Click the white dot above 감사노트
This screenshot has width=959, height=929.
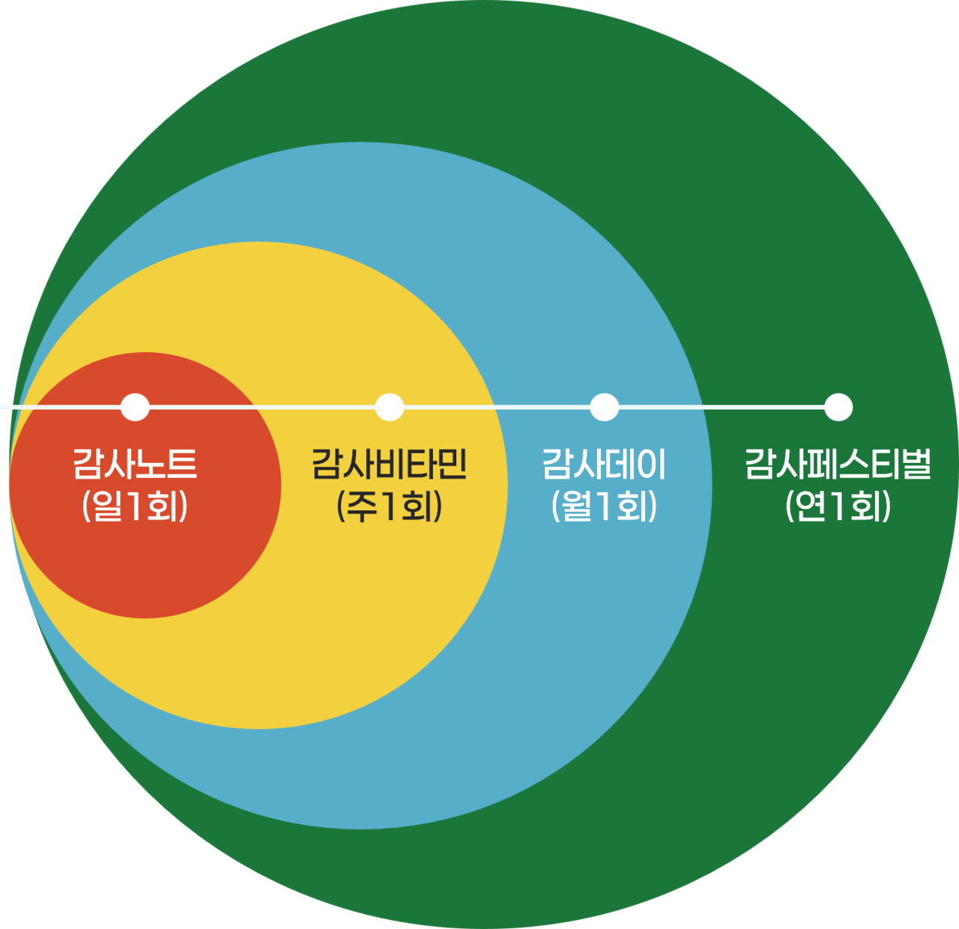(x=135, y=407)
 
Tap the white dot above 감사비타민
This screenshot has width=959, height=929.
(x=390, y=407)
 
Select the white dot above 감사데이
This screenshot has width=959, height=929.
(x=604, y=407)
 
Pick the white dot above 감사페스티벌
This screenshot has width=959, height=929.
(x=838, y=407)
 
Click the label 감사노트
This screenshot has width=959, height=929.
(x=135, y=464)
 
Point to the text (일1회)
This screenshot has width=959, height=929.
(x=135, y=507)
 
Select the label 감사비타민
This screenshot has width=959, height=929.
(x=390, y=464)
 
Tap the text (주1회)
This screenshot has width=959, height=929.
(x=390, y=507)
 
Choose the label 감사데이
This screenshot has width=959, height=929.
(x=604, y=464)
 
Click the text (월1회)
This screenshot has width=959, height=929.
(x=604, y=507)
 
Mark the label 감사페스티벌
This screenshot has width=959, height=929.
(x=838, y=464)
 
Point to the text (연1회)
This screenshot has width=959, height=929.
(x=838, y=507)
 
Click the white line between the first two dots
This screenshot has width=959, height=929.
(x=262, y=407)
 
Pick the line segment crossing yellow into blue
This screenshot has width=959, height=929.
(x=497, y=407)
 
